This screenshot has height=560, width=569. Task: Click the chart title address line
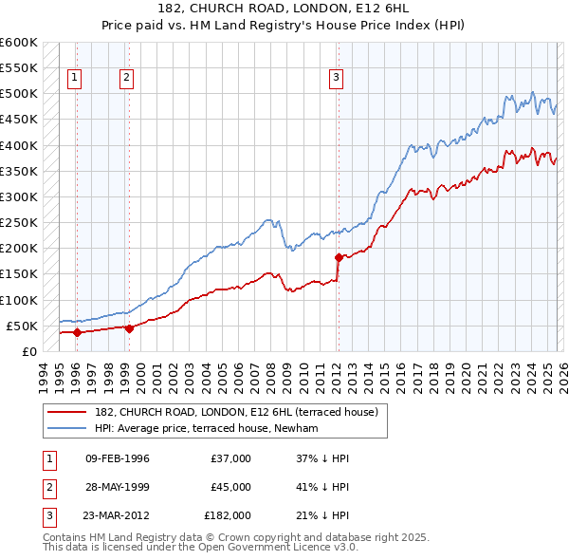point(284,9)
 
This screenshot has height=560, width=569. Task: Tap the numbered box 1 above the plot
point(75,79)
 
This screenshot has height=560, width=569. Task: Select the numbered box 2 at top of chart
point(127,79)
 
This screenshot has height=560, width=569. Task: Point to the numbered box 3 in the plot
point(337,79)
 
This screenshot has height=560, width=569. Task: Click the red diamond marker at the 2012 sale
point(339,257)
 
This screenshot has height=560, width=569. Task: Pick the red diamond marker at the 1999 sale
point(129,328)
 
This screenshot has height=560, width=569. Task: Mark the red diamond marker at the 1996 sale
point(77,332)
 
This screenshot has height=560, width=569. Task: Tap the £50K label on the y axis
point(22,326)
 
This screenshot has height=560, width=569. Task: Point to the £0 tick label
point(28,351)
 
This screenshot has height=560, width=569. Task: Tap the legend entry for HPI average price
point(206,428)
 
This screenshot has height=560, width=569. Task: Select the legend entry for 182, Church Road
point(236,412)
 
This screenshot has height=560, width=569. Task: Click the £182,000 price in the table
point(228,515)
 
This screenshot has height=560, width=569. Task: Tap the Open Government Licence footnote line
point(200,548)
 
